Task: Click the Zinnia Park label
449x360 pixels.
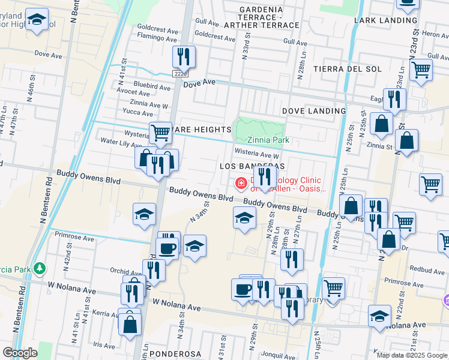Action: point(268,140)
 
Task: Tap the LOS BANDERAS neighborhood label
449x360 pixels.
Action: point(252,165)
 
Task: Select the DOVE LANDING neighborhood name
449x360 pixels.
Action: point(314,111)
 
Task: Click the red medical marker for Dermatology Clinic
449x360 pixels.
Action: point(241,183)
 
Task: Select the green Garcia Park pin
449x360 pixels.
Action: point(40,267)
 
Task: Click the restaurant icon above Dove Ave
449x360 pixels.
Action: point(184,57)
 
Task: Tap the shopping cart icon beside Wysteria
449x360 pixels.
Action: point(160,132)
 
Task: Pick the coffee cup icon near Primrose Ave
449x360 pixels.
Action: point(167,248)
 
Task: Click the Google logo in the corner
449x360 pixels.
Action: point(20,353)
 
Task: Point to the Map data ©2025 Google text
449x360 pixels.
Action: point(411,355)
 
